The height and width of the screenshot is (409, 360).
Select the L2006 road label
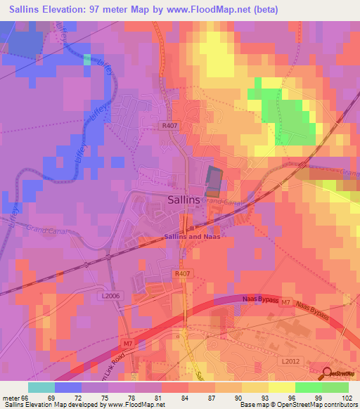[x=110, y=297]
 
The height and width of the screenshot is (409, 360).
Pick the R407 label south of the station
[x=182, y=274]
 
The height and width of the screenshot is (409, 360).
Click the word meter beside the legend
[x=11, y=397]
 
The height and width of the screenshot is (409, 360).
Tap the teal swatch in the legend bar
[x=41, y=387]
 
